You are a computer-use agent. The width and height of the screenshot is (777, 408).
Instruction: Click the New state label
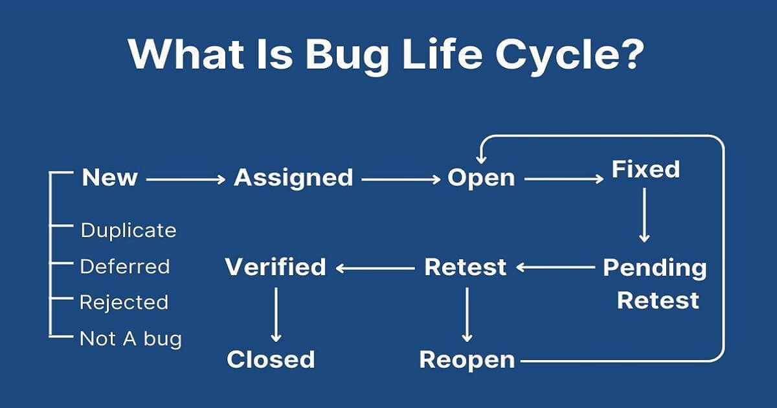pos(109,177)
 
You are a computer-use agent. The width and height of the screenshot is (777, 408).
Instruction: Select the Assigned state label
pos(293,177)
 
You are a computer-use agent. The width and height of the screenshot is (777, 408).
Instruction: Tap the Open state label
pos(481,177)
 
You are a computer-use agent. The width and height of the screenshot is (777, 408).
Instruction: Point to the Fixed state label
pos(646,169)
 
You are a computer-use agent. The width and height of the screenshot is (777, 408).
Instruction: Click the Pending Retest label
pos(655,284)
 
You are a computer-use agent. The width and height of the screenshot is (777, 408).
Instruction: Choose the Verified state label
pos(275,267)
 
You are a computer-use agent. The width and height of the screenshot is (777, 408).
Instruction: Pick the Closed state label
pos(271,359)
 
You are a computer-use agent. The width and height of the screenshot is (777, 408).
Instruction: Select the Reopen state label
pos(467,359)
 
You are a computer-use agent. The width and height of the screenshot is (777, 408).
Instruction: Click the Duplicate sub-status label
pos(128,230)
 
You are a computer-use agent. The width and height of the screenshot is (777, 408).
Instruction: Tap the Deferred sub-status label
pos(124,266)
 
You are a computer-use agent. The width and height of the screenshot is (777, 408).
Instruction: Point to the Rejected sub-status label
pos(124,302)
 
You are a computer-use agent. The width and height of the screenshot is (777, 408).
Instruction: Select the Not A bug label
pos(130,338)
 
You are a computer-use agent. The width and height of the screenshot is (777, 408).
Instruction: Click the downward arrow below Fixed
pos(644,215)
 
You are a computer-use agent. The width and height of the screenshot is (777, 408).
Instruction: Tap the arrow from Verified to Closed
pos(276,314)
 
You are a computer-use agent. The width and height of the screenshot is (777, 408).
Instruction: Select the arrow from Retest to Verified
pos(375,267)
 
